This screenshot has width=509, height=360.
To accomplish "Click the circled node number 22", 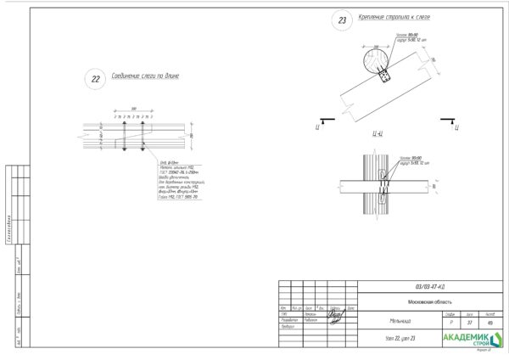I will (95, 80).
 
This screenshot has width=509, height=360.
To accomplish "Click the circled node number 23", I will (343, 22).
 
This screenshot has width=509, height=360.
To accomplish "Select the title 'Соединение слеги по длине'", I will (145, 76).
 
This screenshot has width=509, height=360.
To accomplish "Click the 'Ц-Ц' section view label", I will (378, 134).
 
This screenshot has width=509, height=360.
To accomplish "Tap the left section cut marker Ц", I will (316, 127).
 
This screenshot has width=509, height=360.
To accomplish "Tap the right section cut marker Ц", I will (456, 127).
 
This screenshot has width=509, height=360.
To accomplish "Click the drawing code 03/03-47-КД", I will (428, 287).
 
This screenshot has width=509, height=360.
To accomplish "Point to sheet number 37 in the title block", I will (469, 323).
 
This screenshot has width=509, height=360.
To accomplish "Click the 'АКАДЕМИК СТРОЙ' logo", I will (471, 339).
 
